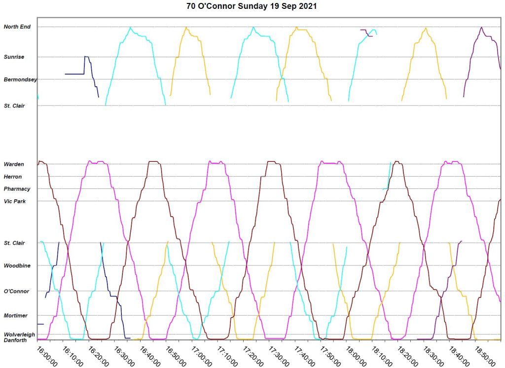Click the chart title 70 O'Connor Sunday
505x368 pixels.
click(252, 6)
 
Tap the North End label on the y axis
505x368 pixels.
click(17, 27)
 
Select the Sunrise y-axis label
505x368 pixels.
click(14, 57)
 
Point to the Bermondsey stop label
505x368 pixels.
click(20, 79)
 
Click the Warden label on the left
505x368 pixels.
click(13, 164)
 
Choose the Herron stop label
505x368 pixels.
click(13, 177)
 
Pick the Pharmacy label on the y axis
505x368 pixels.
click(17, 189)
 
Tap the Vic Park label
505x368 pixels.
click(14, 201)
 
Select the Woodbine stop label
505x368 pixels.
click(17, 266)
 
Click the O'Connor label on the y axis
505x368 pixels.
click(16, 292)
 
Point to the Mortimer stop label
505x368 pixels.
click(16, 316)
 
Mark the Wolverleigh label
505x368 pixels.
click(19, 334)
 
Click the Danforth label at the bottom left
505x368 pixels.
click(15, 340)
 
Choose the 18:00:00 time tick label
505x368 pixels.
click(355, 355)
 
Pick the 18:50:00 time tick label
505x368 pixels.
click(484, 355)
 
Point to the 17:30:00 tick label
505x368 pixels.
click(278, 355)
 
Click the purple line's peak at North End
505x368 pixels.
click(481, 28)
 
